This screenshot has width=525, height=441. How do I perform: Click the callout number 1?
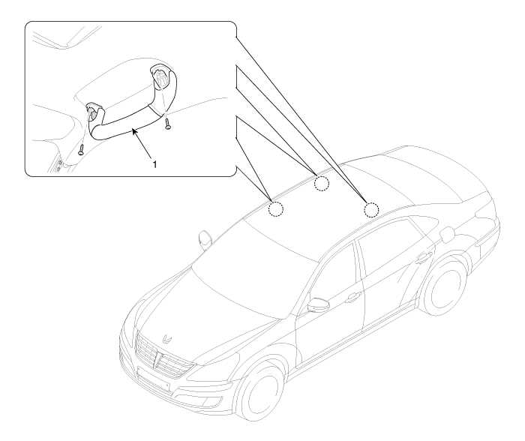point(154,164)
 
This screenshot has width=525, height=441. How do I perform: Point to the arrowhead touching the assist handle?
point(134,132)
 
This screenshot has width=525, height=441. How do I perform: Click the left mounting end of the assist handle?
point(94,109)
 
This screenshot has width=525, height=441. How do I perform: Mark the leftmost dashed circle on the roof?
point(275,209)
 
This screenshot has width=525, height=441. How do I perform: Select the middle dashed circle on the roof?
point(322,183)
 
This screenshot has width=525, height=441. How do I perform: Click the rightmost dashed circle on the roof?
point(371,210)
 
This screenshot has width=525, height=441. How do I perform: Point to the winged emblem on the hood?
point(166,338)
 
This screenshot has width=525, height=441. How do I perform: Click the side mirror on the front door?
point(318,304)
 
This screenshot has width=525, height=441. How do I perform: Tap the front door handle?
point(353,296)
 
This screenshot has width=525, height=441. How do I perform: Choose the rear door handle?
point(424,257)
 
